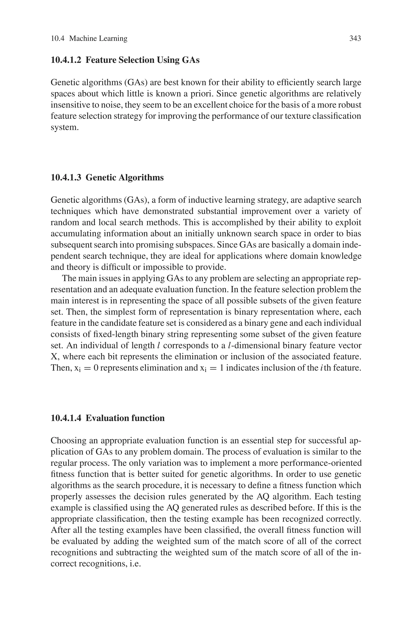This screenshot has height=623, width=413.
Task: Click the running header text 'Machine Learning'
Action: click(98, 39)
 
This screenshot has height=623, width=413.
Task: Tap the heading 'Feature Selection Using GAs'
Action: click(143, 60)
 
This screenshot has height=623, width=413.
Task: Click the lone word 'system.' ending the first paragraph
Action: click(65, 128)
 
